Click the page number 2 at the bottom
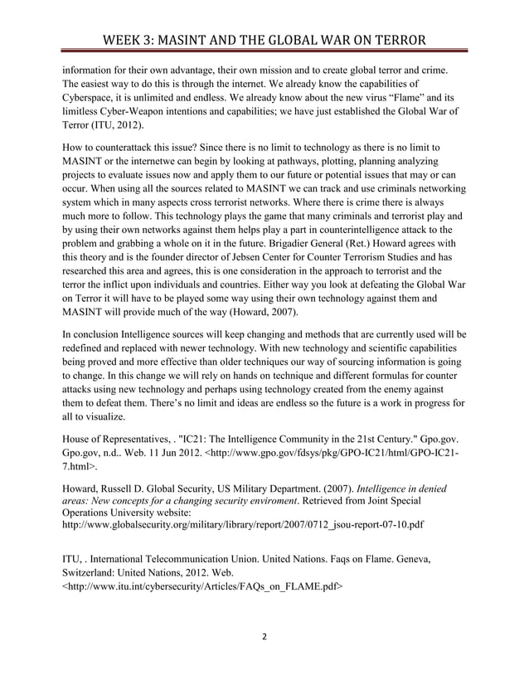tap(264, 639)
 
